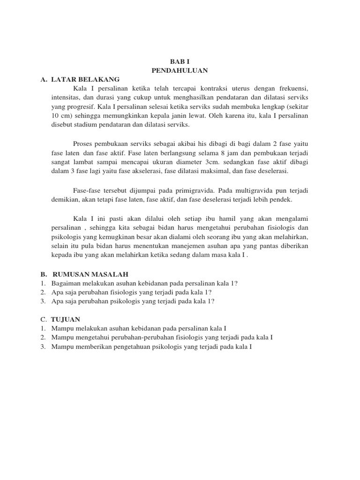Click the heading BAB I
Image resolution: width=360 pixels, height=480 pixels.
[180, 61]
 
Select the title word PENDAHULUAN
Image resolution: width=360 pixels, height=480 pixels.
[180, 70]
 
